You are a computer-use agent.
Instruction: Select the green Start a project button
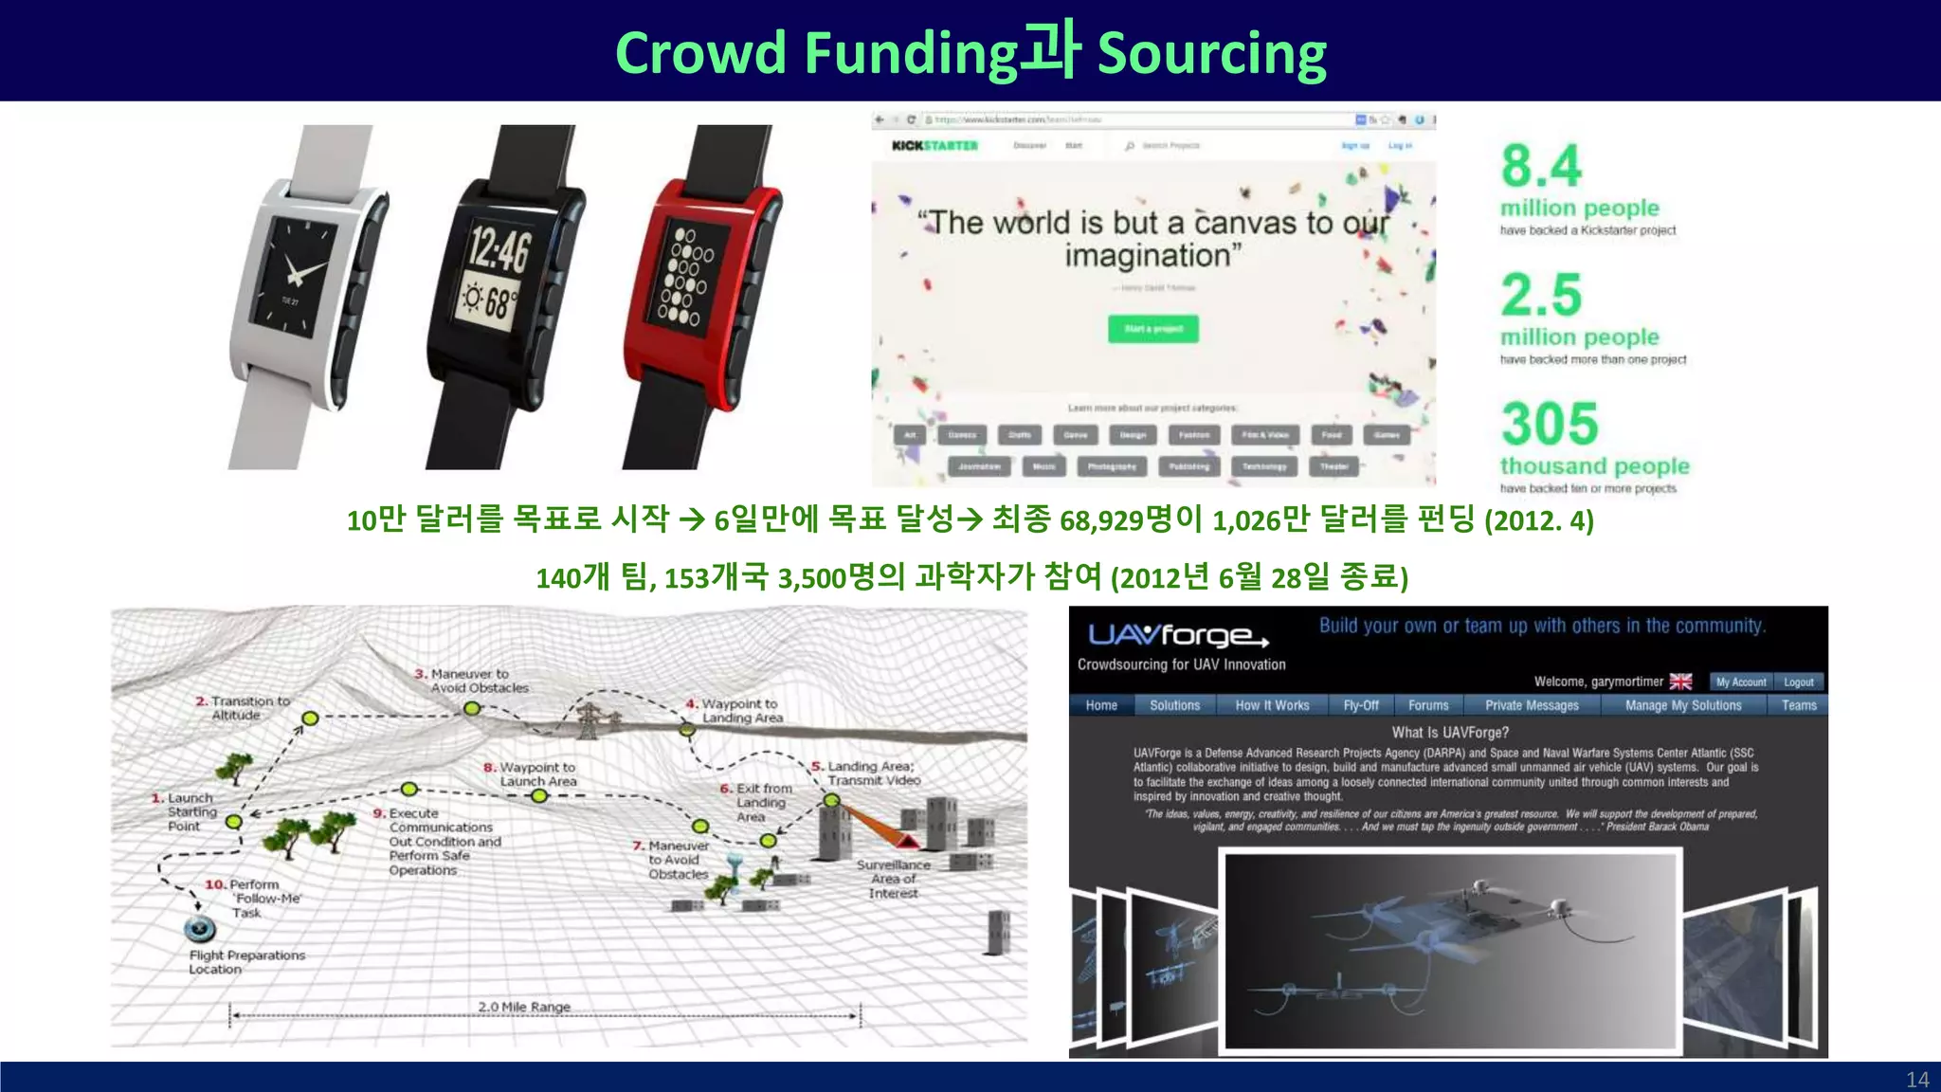1152,329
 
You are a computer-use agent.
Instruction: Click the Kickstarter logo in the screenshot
934,146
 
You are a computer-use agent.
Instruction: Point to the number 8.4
1541,167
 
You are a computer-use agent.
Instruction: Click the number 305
1550,424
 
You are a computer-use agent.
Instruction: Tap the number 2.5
1541,296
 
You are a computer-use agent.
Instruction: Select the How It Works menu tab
1272,705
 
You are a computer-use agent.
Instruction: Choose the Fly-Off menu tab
1361,705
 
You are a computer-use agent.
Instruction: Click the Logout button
1798,682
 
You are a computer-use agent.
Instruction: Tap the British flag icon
1680,682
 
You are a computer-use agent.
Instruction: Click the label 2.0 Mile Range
524,1007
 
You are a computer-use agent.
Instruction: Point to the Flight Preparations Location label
246,962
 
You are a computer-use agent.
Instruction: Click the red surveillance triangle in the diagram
907,842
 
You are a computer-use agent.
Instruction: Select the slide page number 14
1916,1080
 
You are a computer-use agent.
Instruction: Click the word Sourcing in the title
1211,53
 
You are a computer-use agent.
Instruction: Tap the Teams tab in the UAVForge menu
1798,705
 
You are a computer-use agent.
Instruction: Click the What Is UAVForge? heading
1450,733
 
